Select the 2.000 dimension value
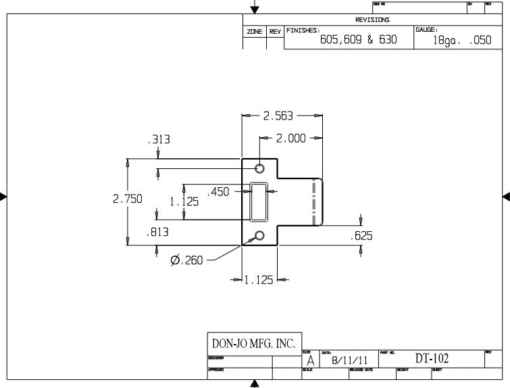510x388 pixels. [x=291, y=139]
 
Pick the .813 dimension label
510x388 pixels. [x=158, y=233]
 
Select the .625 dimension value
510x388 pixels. [x=361, y=236]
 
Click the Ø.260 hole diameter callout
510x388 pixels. [x=186, y=260]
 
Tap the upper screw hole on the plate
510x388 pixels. [x=259, y=168]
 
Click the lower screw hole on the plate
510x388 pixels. [x=259, y=235]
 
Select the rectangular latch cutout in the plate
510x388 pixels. [x=259, y=201]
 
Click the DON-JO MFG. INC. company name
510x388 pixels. [x=254, y=343]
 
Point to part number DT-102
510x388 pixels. [x=432, y=358]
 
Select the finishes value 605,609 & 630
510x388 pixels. [x=357, y=40]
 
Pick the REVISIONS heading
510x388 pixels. [x=372, y=20]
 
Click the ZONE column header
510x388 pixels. [x=254, y=32]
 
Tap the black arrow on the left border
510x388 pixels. [x=3, y=197]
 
